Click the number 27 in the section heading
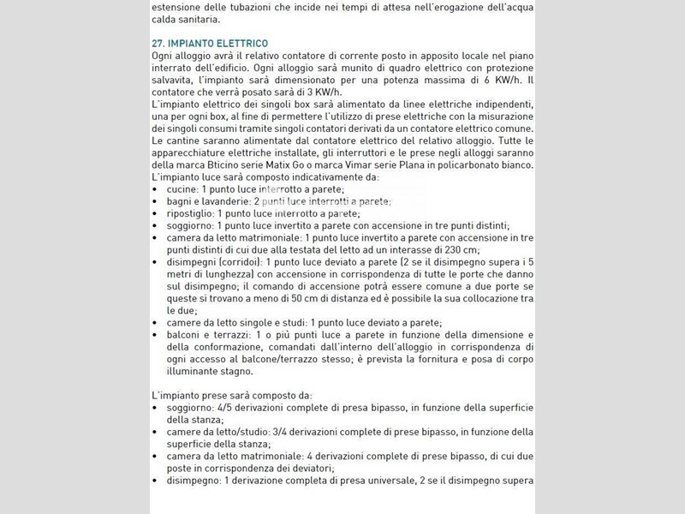click(157, 43)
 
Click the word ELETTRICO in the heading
click(236, 43)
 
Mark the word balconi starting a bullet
click(186, 334)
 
